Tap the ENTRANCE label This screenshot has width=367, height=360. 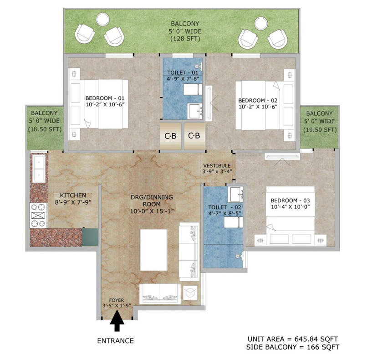click(x=115, y=341)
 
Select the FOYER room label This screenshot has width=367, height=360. click(x=117, y=300)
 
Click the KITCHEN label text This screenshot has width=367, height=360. click(x=73, y=195)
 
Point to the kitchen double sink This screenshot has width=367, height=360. click(x=39, y=168)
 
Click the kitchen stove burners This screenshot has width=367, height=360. click(x=38, y=215)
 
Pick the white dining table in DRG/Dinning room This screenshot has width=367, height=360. click(x=153, y=250)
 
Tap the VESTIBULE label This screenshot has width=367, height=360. click(x=217, y=165)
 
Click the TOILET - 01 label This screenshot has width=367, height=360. click(x=183, y=72)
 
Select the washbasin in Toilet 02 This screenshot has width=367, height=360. click(x=236, y=194)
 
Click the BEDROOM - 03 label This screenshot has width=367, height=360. click(x=290, y=201)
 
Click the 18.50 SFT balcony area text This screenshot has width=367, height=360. click(x=45, y=129)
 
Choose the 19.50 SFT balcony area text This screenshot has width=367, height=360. click(x=320, y=130)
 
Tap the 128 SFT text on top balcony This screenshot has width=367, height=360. click(x=185, y=39)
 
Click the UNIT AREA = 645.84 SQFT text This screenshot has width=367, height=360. click(x=293, y=339)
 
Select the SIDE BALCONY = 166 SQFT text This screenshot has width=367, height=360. click(x=293, y=347)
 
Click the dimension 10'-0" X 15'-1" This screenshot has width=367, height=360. click(x=152, y=211)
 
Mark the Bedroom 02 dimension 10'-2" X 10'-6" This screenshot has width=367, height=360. click(x=258, y=107)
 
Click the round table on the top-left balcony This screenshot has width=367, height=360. click(x=102, y=19)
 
